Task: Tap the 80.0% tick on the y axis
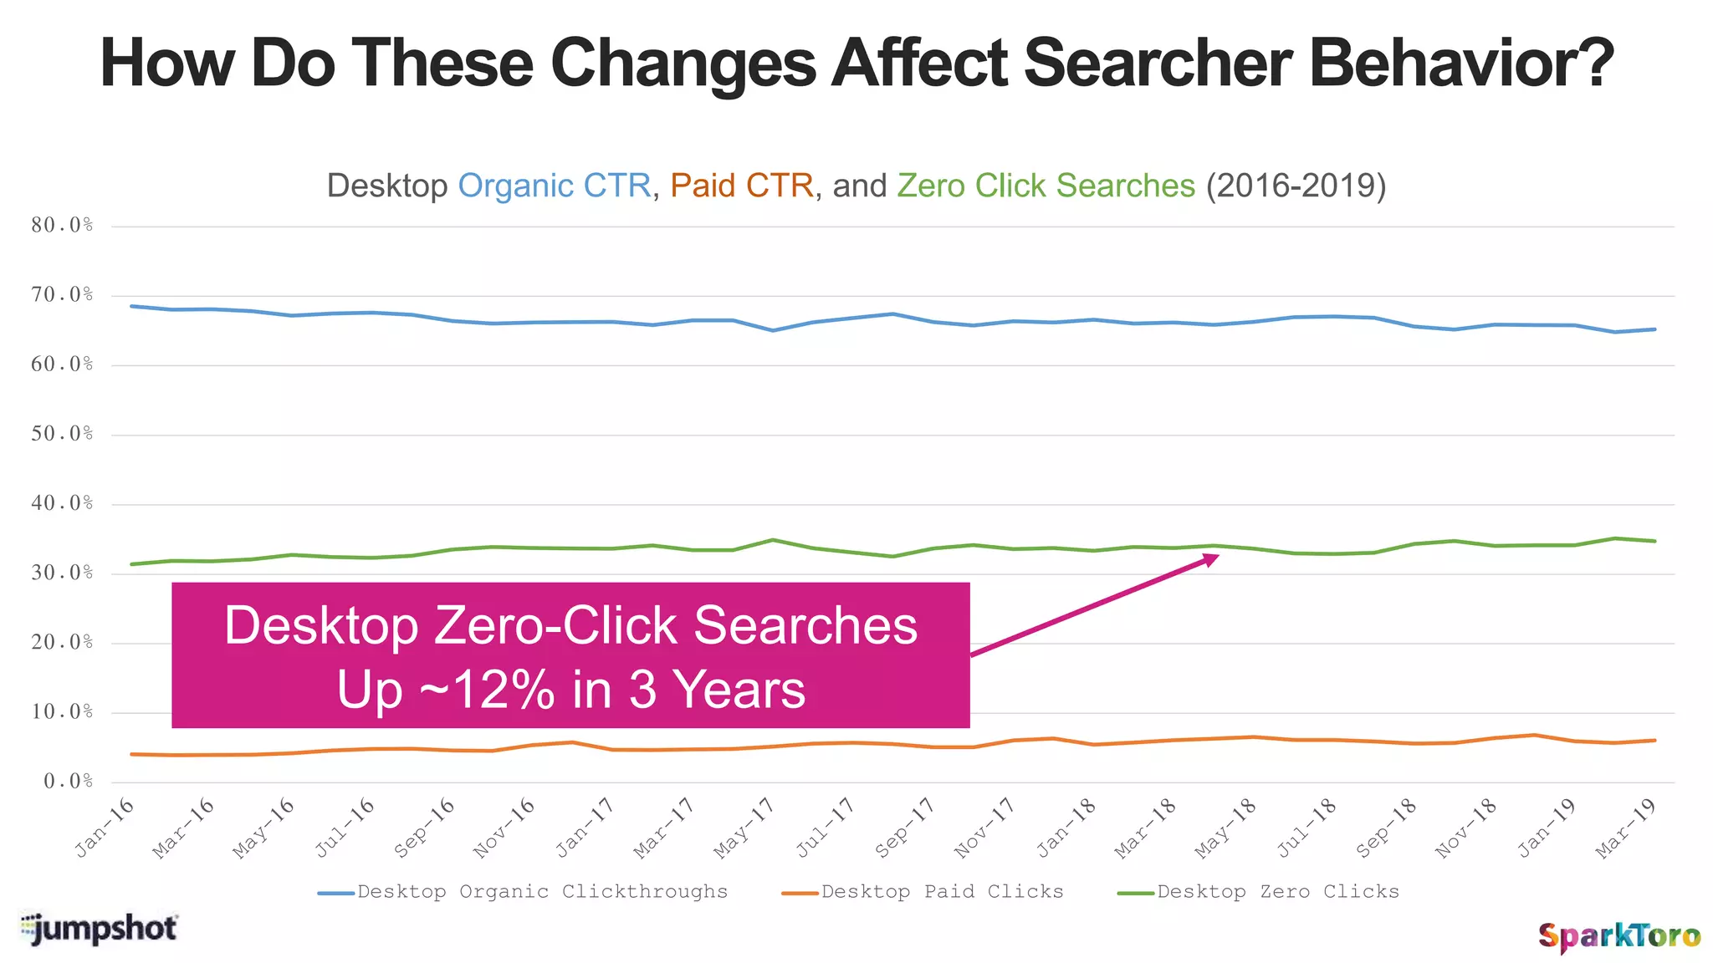click(62, 226)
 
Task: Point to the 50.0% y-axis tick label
click(62, 434)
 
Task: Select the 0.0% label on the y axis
click(68, 782)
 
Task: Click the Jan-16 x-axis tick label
click(105, 827)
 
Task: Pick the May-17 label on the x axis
click(743, 827)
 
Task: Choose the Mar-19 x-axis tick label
click(1625, 827)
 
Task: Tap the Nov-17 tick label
click(984, 827)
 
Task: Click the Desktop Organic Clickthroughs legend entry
click(524, 892)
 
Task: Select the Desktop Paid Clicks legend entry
click(923, 892)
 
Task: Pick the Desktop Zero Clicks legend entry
click(1259, 892)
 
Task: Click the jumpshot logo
click(99, 929)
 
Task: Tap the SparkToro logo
click(1619, 935)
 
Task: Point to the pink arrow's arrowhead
click(1210, 558)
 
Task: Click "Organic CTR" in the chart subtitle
click(554, 186)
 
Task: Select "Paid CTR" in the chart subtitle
click(741, 186)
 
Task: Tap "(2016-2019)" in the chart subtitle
click(1296, 186)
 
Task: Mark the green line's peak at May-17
click(773, 540)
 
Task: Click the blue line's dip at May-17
click(773, 330)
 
